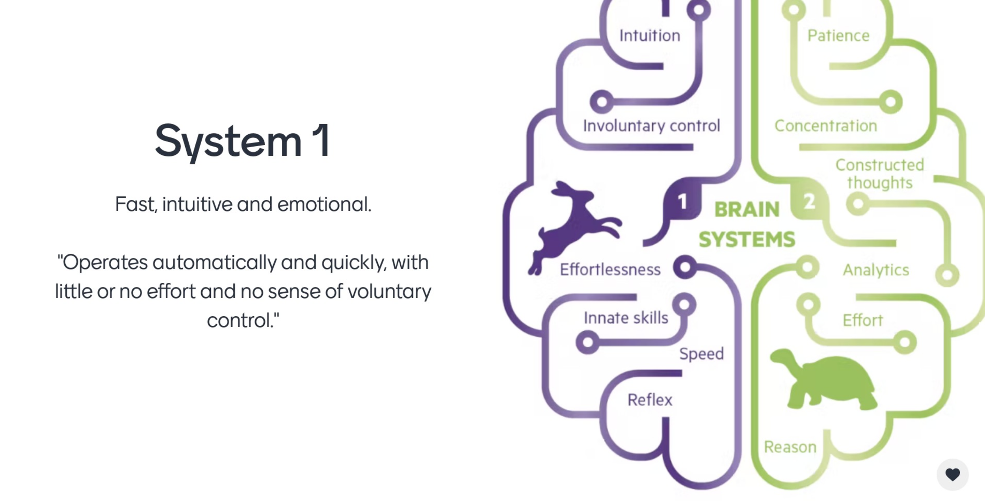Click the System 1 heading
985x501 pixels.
point(242,141)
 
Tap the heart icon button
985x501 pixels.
point(952,475)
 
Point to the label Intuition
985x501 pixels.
point(650,36)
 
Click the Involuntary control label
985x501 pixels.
point(651,126)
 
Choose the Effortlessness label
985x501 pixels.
point(610,270)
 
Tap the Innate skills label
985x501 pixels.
point(626,318)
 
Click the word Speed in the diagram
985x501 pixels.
point(701,354)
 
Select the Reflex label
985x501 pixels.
point(650,400)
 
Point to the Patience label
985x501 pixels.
point(838,36)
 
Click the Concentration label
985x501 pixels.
point(825,126)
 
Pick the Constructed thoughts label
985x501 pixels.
point(879,174)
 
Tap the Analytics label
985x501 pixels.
point(875,270)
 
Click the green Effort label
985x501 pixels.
point(862,321)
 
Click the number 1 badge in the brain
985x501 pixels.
point(682,202)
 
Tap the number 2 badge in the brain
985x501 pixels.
point(809,202)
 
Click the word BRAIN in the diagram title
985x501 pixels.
point(747,210)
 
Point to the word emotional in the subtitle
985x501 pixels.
point(324,204)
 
